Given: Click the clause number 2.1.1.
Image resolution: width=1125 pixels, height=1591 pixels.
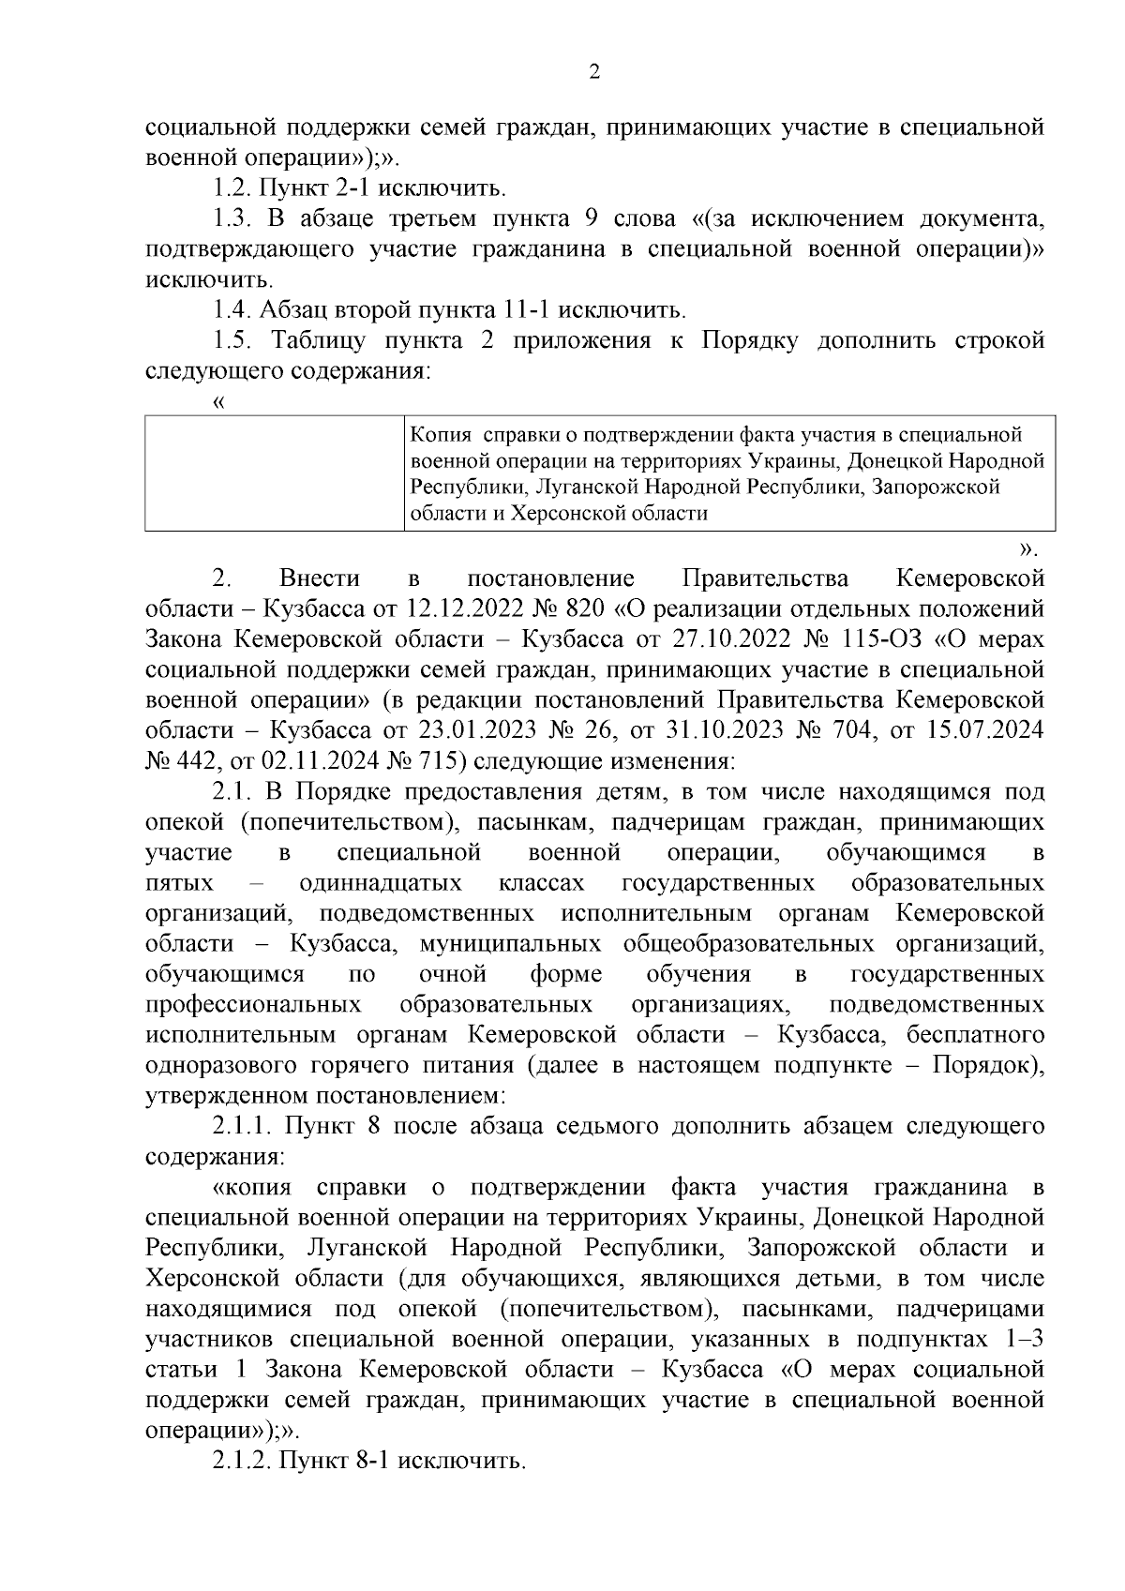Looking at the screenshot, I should tap(240, 1126).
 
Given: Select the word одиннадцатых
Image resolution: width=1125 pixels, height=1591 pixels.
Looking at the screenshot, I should tap(381, 883).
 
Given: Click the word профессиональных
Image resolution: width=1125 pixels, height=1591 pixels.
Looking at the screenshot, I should tap(254, 1005).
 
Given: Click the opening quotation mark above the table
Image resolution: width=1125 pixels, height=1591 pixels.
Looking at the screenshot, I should tap(219, 403).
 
